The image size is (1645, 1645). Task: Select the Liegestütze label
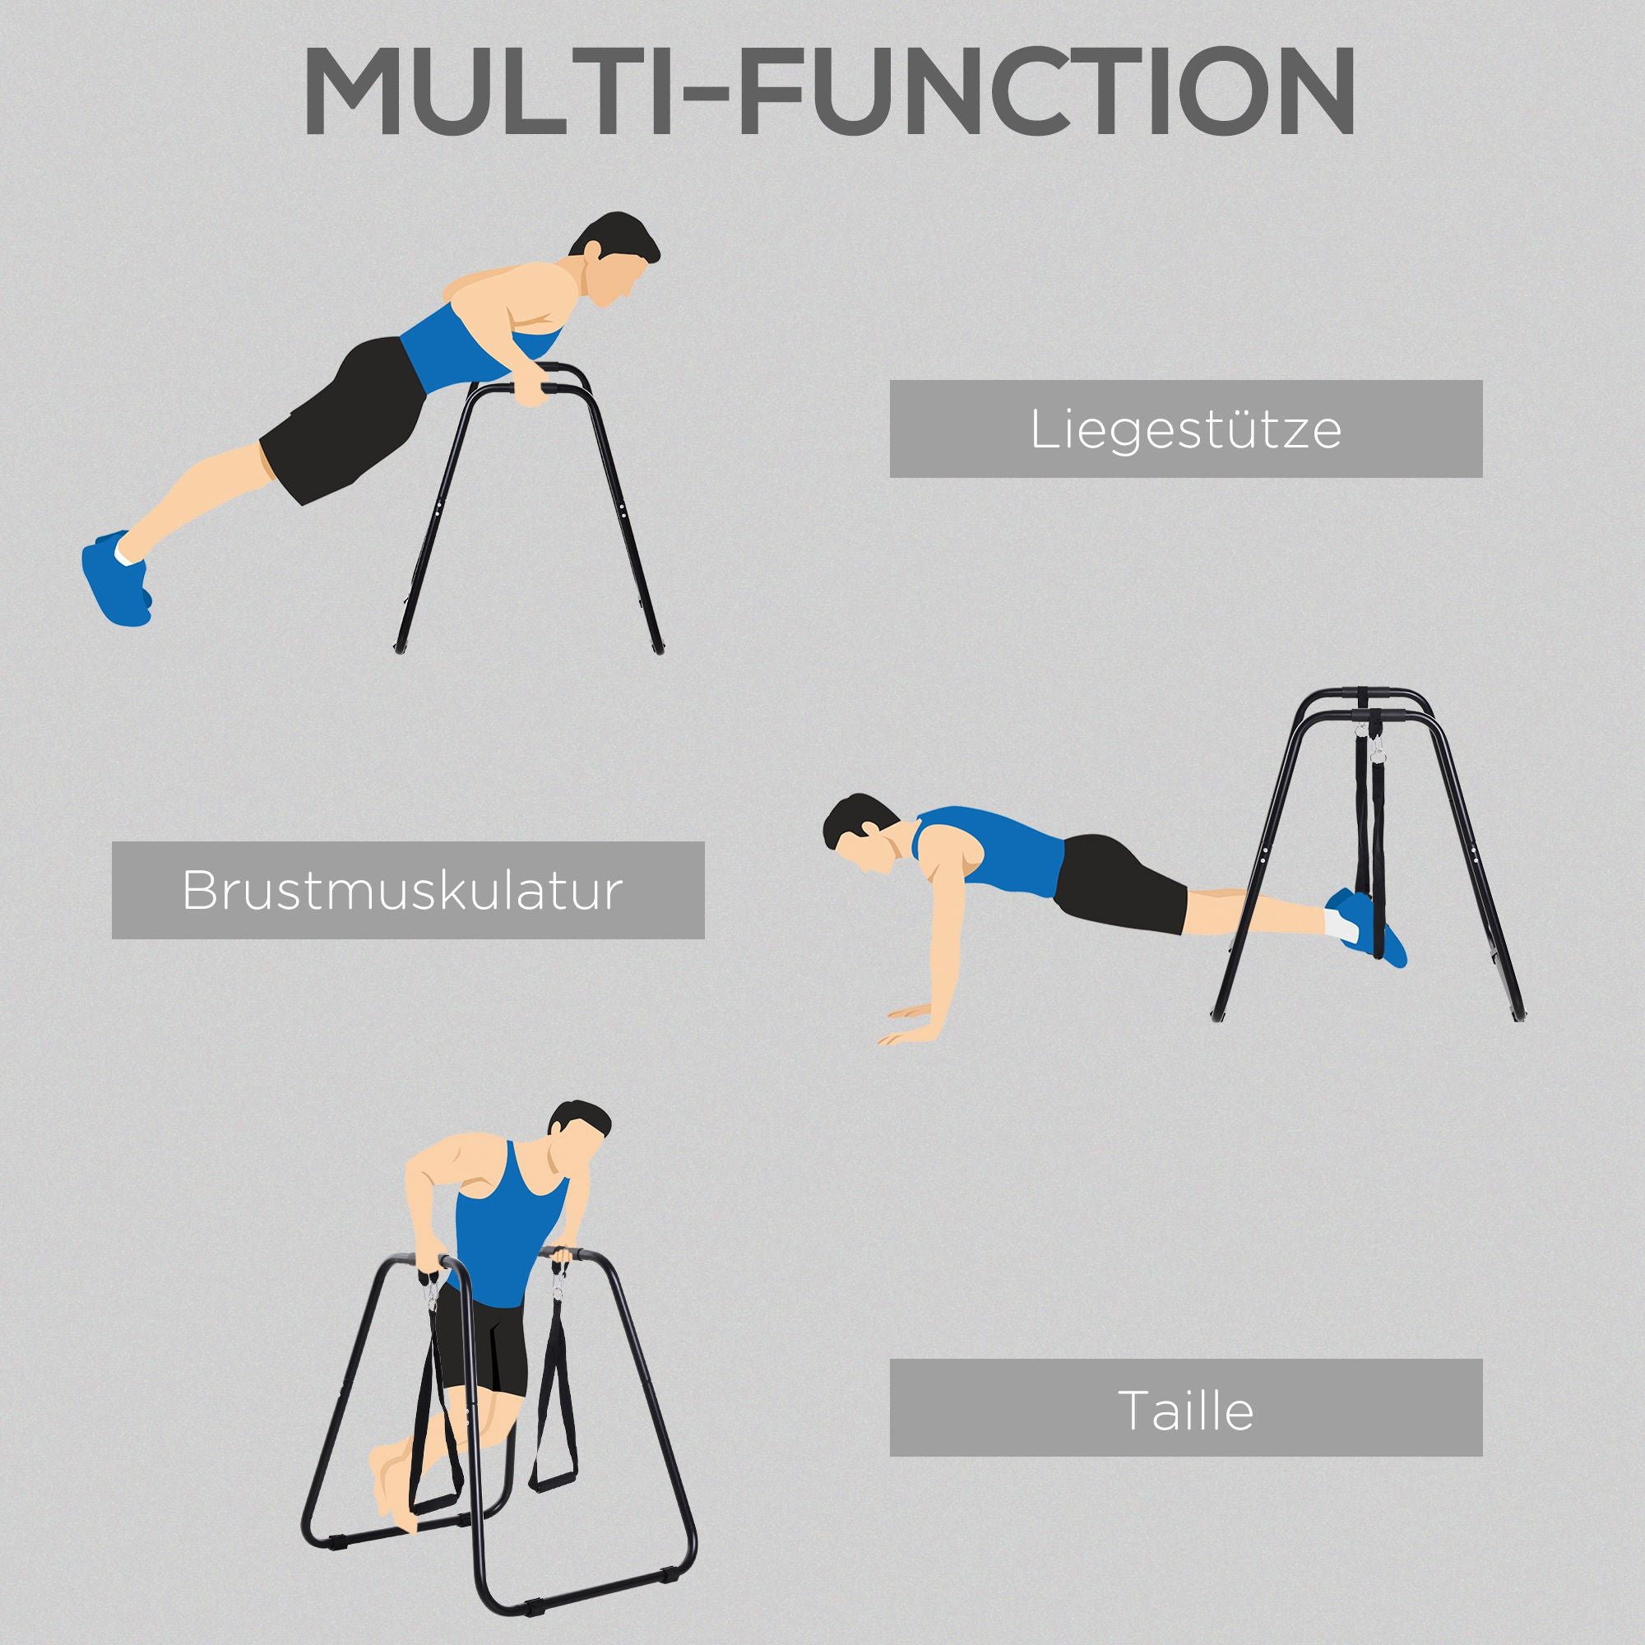pos(1185,429)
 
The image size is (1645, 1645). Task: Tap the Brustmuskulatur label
pos(408,891)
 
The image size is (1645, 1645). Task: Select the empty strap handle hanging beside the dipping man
pos(554,1439)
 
